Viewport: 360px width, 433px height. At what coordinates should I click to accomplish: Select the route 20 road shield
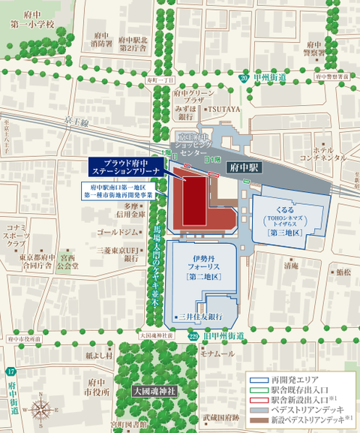coord(244,78)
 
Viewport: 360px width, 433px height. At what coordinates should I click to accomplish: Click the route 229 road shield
coord(193,336)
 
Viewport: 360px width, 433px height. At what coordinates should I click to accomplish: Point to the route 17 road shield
coord(10,372)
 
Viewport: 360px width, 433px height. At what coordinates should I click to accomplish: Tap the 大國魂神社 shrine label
coord(154,391)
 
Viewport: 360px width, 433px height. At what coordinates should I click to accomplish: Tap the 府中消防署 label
coord(99,39)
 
